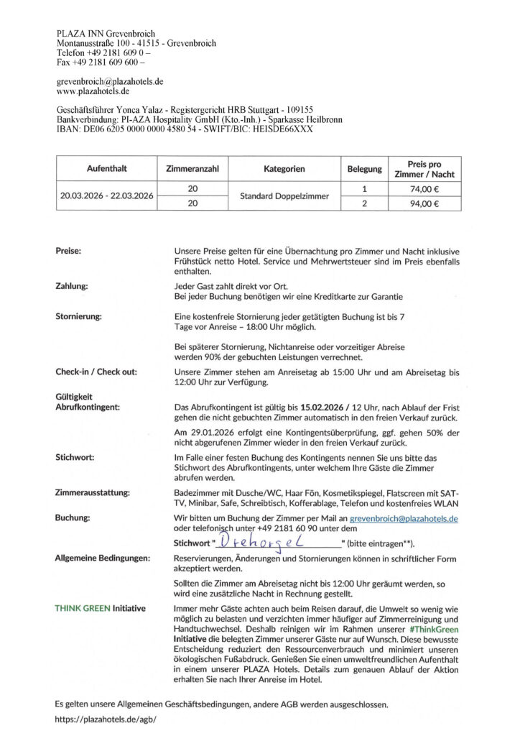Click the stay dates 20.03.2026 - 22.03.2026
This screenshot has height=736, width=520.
[106, 196]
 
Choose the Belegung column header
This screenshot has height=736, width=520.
[365, 169]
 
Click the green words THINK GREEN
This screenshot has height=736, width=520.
[83, 608]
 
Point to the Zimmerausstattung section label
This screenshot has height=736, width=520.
[92, 493]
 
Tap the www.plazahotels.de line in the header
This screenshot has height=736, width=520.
[93, 91]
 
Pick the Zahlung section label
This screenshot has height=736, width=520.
[72, 286]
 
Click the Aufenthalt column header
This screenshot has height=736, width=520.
[106, 169]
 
